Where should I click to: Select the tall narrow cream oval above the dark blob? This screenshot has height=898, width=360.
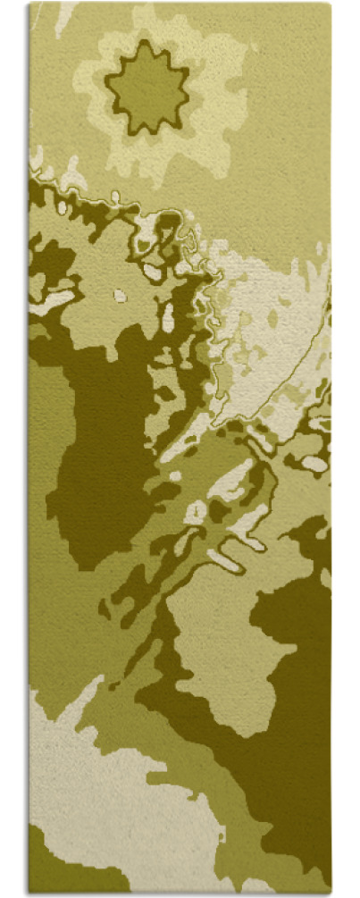pyautogui.click(x=168, y=317)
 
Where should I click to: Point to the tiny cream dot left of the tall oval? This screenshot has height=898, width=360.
pyautogui.click(x=120, y=295)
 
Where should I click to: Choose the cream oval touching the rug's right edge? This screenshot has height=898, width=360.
pyautogui.click(x=314, y=464)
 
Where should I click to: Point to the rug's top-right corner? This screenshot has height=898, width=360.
pyautogui.click(x=330, y=4)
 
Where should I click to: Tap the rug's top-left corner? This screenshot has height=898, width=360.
pyautogui.click(x=29, y=4)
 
